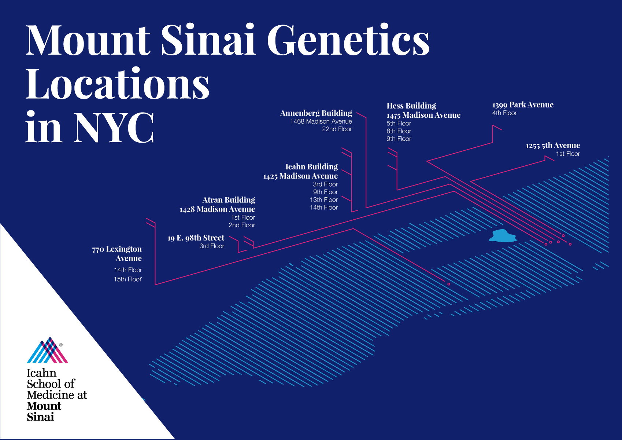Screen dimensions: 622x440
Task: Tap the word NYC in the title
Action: click(114, 127)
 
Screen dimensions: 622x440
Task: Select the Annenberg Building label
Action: click(316, 113)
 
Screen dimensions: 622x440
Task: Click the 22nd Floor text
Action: click(337, 129)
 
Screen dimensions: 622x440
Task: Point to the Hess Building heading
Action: click(411, 106)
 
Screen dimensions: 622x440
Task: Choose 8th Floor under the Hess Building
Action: click(399, 131)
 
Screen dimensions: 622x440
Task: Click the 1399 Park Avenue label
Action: click(523, 105)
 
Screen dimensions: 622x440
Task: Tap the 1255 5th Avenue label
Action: click(553, 145)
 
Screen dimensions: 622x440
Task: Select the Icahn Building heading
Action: click(312, 167)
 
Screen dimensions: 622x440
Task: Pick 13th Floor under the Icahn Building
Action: click(324, 200)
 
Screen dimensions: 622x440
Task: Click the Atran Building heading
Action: click(229, 200)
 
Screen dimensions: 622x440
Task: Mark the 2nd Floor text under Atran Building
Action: click(241, 225)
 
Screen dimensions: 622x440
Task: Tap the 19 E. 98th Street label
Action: click(196, 238)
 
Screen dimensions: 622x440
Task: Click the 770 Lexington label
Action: click(117, 253)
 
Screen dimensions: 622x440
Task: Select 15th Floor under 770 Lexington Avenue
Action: click(128, 279)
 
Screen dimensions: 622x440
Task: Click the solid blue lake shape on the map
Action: click(503, 236)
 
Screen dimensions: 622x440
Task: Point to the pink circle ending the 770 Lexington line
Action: click(449, 284)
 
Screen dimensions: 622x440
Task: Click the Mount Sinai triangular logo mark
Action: click(48, 350)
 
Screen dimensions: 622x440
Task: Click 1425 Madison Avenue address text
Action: click(300, 176)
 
